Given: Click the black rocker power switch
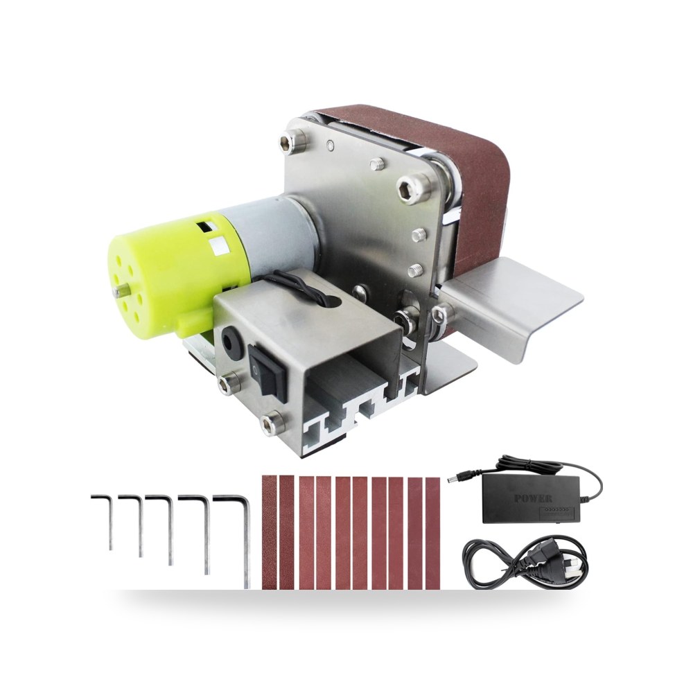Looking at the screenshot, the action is [x=265, y=370].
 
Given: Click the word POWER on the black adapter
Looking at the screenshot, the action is [x=533, y=498].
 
